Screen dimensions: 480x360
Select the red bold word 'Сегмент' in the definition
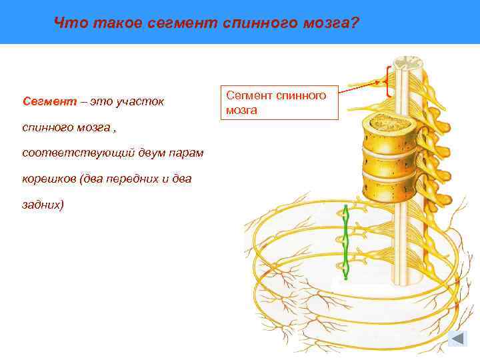coord(44,102)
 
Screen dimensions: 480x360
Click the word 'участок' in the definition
coord(139,102)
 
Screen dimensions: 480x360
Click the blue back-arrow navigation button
coord(458,339)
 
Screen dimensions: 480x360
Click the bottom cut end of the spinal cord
coord(405,273)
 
